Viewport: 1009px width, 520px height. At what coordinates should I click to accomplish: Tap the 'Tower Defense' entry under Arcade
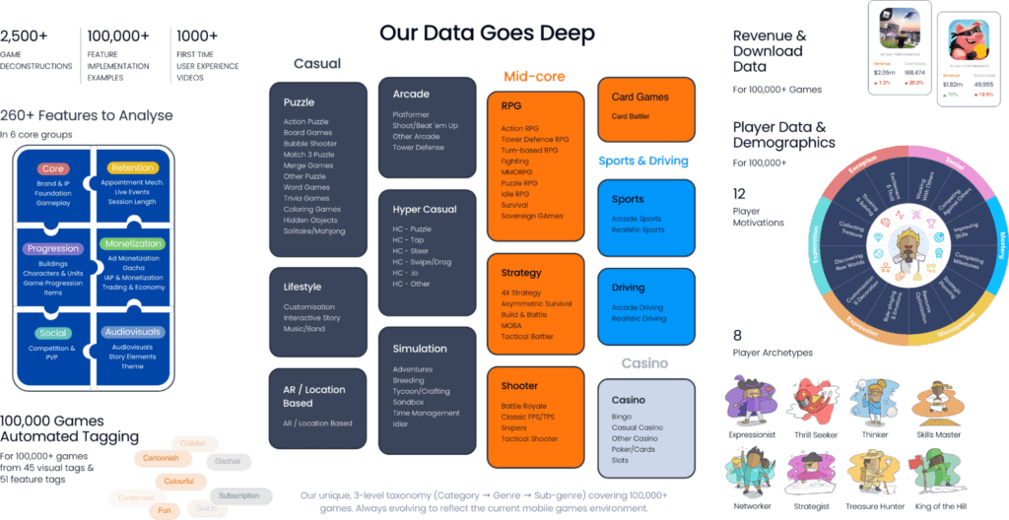[x=418, y=148]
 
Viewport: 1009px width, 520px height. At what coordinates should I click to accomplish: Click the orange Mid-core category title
[x=534, y=76]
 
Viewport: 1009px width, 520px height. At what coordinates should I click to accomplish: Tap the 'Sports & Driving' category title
[x=642, y=161]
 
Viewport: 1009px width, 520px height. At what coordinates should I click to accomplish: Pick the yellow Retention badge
[x=133, y=168]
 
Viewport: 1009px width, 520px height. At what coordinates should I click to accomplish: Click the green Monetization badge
[x=133, y=243]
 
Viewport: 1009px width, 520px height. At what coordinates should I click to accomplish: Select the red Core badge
[x=53, y=169]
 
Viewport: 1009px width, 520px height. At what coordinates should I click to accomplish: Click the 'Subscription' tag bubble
[x=239, y=494]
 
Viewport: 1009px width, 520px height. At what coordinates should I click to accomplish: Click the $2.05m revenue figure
[x=884, y=72]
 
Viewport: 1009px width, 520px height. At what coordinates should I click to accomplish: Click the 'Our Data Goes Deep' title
[x=487, y=33]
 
